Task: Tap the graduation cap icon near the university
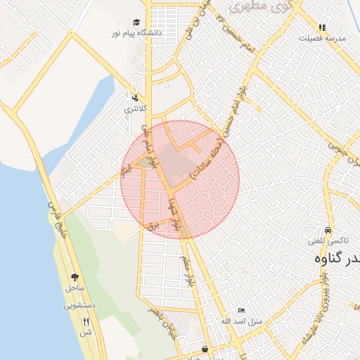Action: pos(136,22)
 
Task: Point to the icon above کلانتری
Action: pos(134,98)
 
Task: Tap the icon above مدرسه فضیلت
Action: pos(322,28)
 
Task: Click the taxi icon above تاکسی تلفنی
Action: pos(328,231)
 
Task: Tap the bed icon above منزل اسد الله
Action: pos(241,310)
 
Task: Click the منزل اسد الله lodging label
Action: pos(241,321)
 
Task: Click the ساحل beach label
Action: pos(75,288)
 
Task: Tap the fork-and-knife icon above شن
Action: pos(86,321)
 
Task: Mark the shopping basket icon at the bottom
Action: pos(205,349)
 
